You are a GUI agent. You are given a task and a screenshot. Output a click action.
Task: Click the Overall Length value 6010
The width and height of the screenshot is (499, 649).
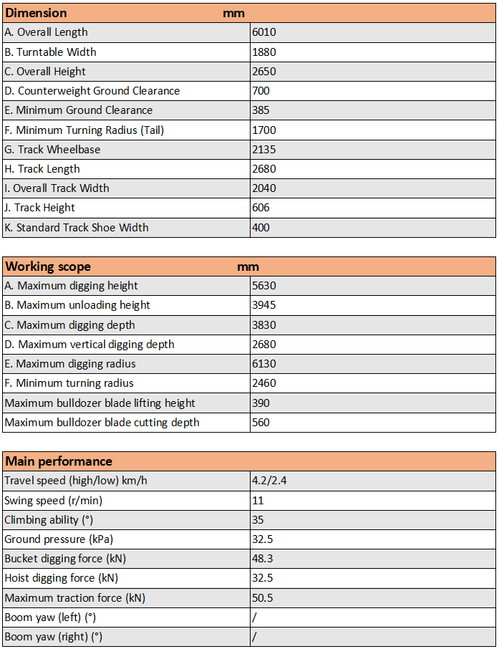pyautogui.click(x=264, y=32)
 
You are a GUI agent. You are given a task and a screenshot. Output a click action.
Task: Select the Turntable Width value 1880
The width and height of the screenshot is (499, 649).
pyautogui.click(x=264, y=52)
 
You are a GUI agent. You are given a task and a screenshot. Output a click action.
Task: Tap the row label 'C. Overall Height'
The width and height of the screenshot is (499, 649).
pyautogui.click(x=45, y=72)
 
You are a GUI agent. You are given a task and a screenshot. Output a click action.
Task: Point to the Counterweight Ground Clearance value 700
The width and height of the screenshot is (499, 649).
pyautogui.click(x=261, y=91)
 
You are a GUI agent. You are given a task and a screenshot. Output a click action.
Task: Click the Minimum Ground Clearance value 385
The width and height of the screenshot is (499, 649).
pyautogui.click(x=261, y=110)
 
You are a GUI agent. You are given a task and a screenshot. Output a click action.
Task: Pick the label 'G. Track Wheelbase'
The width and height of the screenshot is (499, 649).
pyautogui.click(x=52, y=150)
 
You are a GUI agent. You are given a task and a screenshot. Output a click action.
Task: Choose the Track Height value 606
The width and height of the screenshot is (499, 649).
pyautogui.click(x=261, y=208)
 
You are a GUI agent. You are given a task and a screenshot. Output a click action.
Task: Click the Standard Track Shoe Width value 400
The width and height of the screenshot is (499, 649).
pyautogui.click(x=261, y=228)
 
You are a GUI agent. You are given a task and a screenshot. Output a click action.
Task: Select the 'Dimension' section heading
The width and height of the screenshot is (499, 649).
pyautogui.click(x=37, y=13)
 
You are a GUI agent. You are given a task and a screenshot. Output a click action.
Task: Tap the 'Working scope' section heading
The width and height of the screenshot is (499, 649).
pyautogui.click(x=48, y=266)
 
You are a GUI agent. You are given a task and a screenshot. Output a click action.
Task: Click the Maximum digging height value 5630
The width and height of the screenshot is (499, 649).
pyautogui.click(x=264, y=286)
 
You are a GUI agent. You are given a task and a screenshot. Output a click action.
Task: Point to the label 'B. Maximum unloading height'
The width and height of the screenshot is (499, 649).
pyautogui.click(x=77, y=305)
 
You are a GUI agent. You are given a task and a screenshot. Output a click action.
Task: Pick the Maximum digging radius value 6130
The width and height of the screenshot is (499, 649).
pyautogui.click(x=264, y=364)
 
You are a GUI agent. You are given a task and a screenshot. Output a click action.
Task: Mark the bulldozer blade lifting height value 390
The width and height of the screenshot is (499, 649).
pyautogui.click(x=261, y=403)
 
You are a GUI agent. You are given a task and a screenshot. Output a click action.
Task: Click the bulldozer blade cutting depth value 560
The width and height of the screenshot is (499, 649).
pyautogui.click(x=261, y=423)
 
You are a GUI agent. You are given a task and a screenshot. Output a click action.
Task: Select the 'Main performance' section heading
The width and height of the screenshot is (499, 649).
pyautogui.click(x=59, y=461)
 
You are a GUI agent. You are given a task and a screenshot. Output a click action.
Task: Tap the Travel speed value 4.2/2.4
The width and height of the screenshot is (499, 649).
pyautogui.click(x=269, y=481)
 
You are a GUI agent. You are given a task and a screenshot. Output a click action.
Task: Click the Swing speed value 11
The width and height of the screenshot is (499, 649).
pyautogui.click(x=258, y=500)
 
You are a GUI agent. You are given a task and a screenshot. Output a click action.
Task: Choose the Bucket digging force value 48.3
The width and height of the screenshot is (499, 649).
pyautogui.click(x=263, y=559)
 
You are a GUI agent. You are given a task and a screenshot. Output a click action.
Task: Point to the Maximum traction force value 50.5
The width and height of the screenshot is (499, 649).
pyautogui.click(x=263, y=598)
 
